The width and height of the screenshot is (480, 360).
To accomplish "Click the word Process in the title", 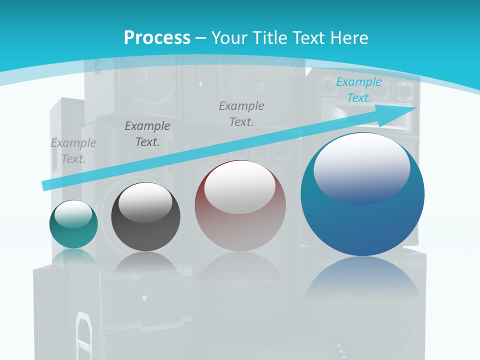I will click(x=157, y=37).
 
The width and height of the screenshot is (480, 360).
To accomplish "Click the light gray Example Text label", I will click(x=73, y=151).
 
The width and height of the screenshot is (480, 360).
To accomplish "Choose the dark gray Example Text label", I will click(x=147, y=134).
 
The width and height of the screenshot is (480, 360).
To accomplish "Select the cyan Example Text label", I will click(x=359, y=90).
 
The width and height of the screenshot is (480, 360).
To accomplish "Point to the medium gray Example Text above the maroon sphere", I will click(x=241, y=113).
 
